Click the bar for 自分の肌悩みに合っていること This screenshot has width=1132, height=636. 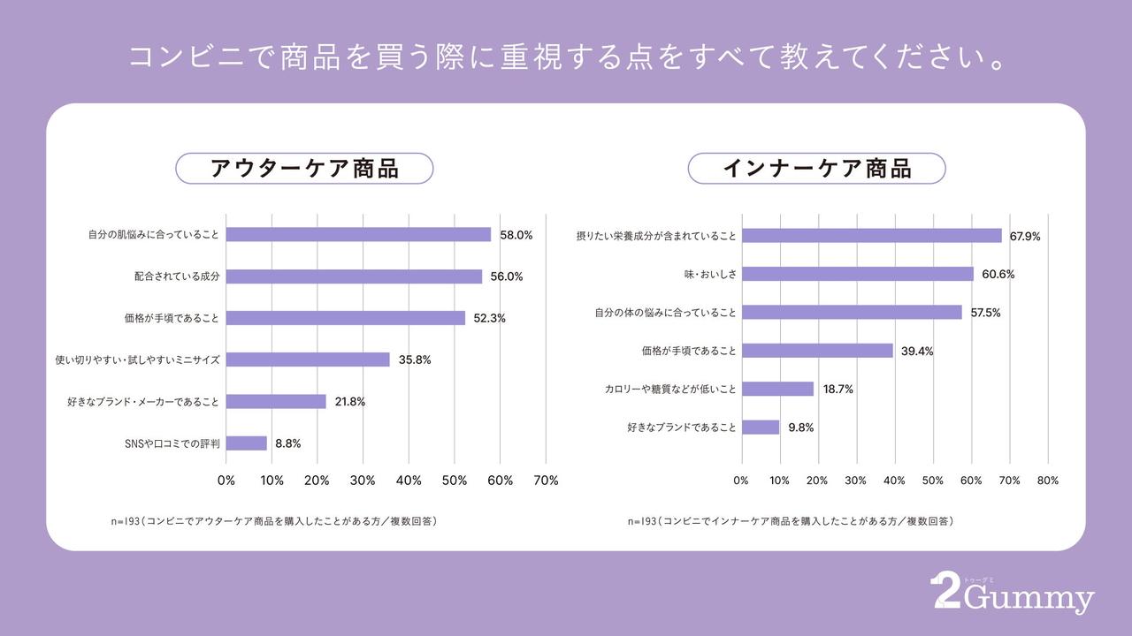(358, 235)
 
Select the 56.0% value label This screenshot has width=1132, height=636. (507, 276)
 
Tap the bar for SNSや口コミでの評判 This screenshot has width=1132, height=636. (247, 443)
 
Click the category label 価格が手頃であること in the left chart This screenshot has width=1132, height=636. (172, 318)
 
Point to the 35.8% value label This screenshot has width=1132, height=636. (415, 360)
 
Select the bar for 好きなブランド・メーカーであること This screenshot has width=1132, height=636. (276, 401)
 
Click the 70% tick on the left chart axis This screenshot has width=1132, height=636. (546, 481)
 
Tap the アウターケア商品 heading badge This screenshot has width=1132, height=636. (304, 169)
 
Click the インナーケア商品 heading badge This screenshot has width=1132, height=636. (816, 169)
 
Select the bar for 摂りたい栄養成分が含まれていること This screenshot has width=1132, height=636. (871, 236)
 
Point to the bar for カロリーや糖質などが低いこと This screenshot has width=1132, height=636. (777, 389)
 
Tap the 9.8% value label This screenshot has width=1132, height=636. (800, 428)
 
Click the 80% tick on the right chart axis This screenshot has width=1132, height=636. (1047, 481)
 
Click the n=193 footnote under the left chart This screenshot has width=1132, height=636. (273, 521)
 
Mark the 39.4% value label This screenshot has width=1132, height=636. (917, 351)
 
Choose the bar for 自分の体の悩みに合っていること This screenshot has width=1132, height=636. (852, 313)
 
